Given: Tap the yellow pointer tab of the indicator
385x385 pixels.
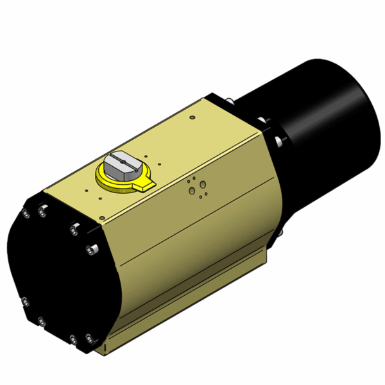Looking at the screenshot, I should pyautogui.click(x=144, y=185).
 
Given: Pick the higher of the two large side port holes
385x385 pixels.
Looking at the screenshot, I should pyautogui.click(x=203, y=185).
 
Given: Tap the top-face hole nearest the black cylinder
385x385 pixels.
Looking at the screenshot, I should pyautogui.click(x=192, y=117).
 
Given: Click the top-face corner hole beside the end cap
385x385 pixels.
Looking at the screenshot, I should pyautogui.click(x=86, y=190).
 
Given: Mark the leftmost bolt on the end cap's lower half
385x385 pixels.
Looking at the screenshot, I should pyautogui.click(x=24, y=301).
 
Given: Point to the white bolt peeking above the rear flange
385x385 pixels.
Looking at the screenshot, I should pyautogui.click(x=229, y=100).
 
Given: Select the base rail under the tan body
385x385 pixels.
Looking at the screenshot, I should pyautogui.click(x=193, y=308).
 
